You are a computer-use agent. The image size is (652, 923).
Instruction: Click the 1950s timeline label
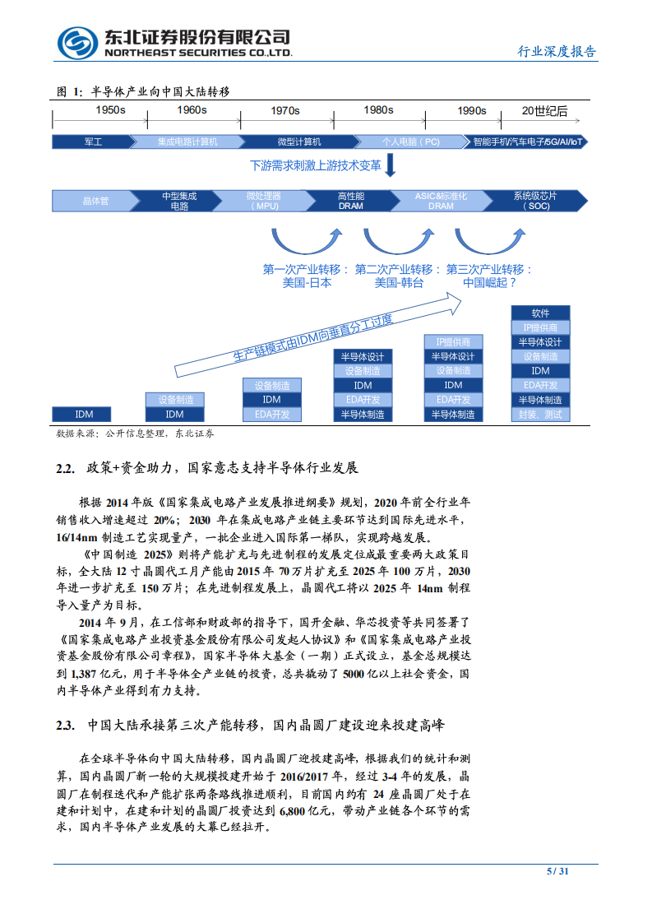[109, 110]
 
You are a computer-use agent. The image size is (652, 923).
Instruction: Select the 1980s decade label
[378, 110]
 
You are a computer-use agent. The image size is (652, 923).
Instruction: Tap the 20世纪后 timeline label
[544, 110]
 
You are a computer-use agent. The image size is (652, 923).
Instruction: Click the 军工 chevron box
[94, 141]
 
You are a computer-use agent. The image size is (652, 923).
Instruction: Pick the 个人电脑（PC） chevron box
[410, 141]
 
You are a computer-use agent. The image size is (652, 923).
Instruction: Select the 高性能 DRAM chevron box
[351, 201]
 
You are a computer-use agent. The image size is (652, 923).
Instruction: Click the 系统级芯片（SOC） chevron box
[534, 201]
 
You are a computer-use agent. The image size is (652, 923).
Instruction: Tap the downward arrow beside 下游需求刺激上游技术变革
[391, 165]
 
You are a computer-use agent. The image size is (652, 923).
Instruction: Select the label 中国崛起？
[489, 282]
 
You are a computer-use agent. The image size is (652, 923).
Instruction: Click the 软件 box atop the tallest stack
[540, 313]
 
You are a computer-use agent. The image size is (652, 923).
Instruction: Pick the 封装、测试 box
[540, 415]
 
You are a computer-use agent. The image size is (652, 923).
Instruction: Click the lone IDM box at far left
[84, 415]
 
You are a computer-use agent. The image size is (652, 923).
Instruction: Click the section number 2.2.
[66, 468]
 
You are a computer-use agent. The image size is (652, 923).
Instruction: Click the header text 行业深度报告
[557, 51]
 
